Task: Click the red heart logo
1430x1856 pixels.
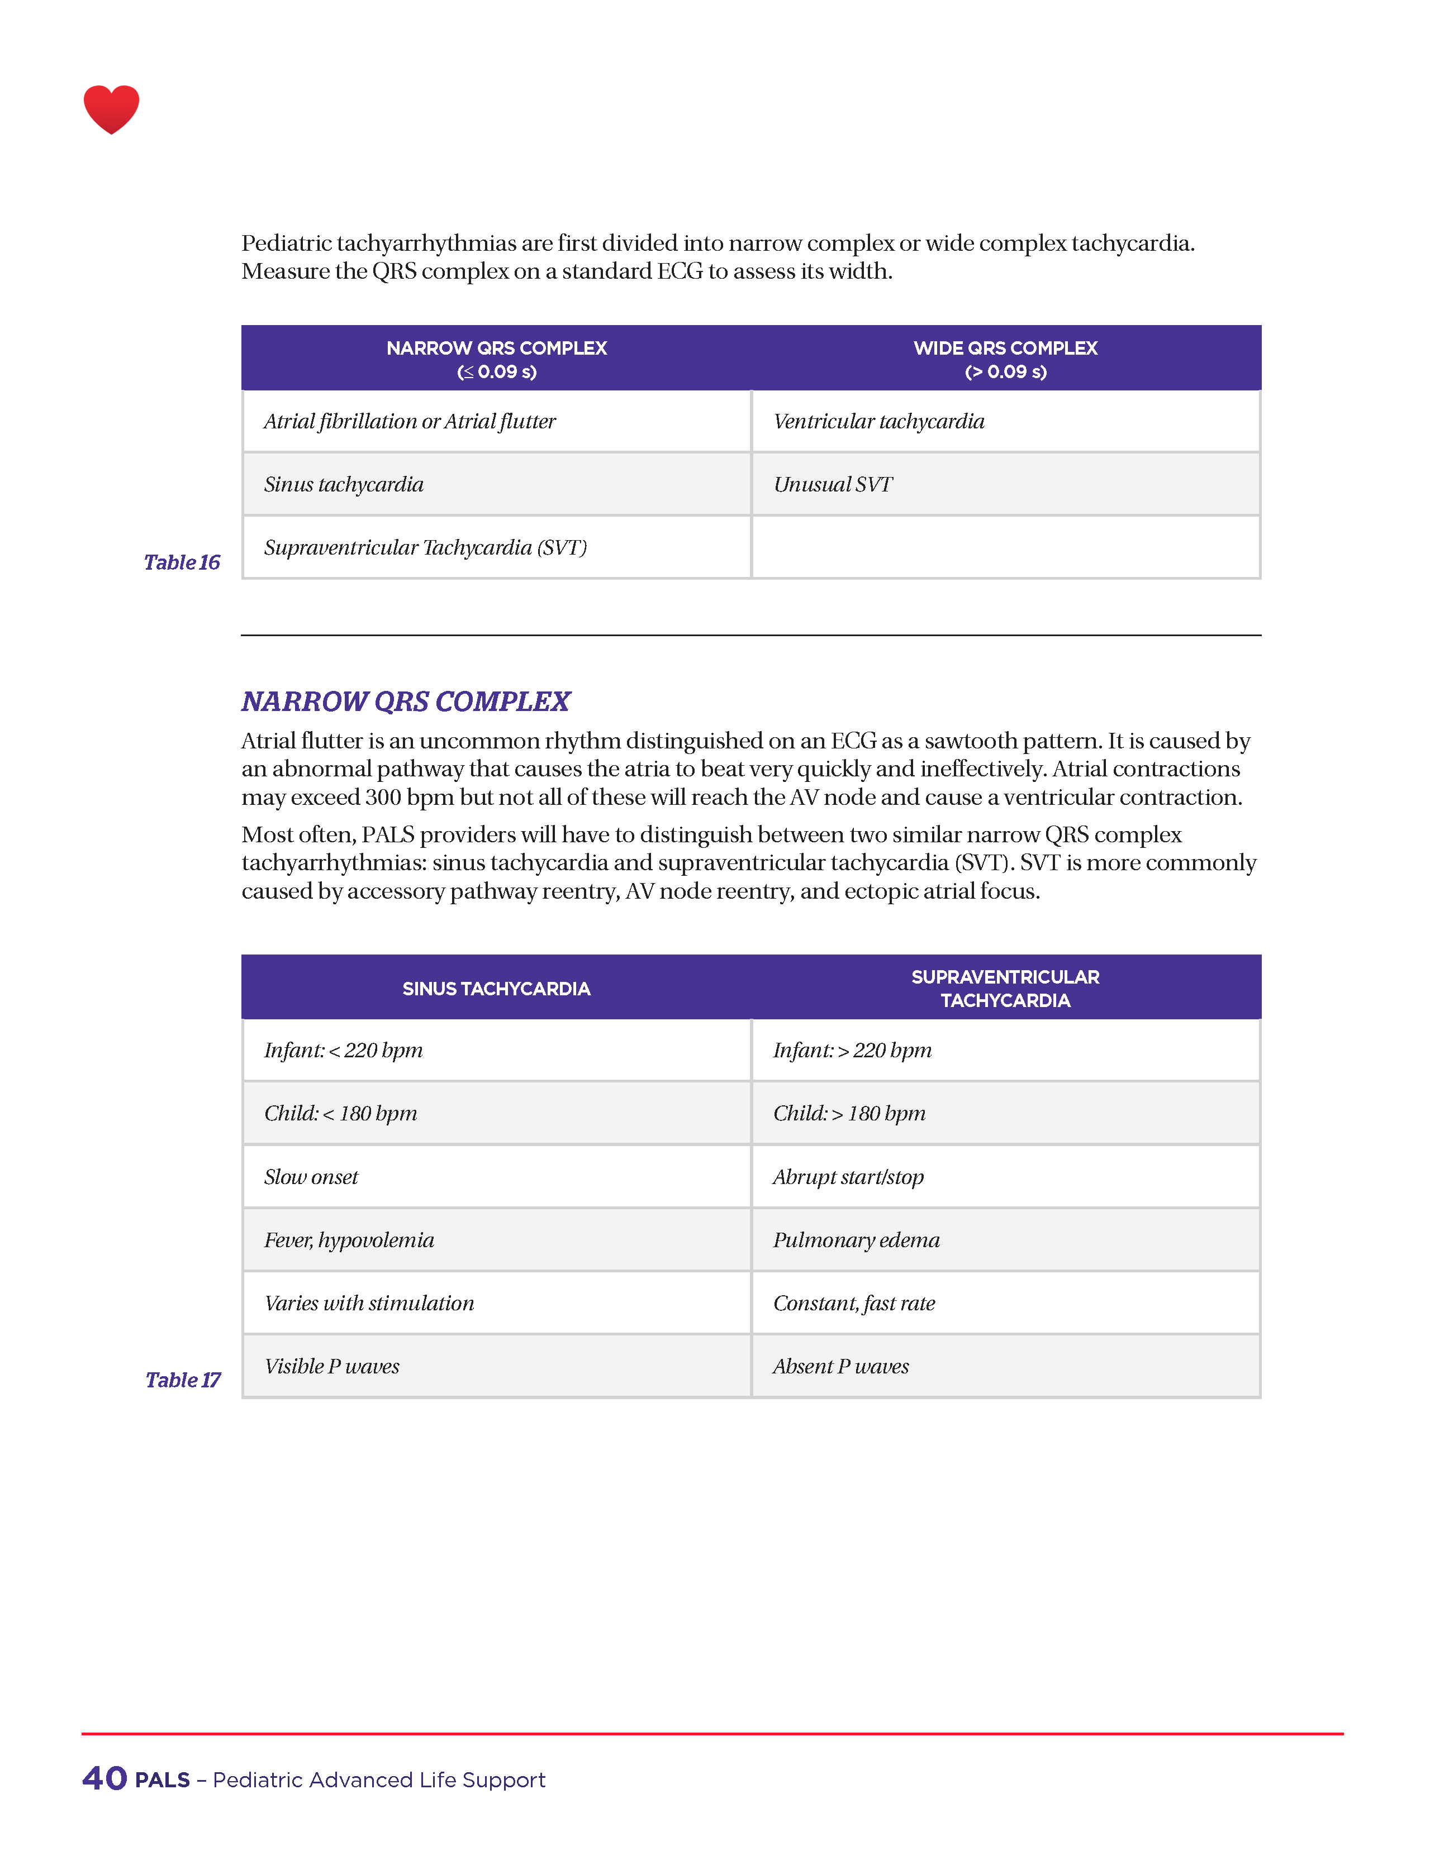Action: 111,109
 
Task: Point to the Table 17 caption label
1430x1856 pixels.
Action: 182,1379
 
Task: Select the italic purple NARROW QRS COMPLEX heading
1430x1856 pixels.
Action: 406,701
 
